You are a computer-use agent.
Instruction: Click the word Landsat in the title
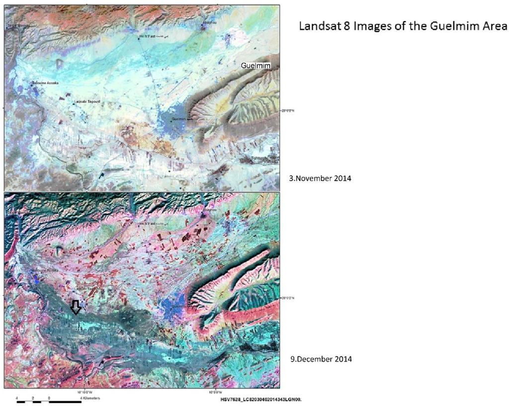pyautogui.click(x=318, y=26)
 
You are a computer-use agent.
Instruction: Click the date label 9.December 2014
pyautogui.click(x=321, y=359)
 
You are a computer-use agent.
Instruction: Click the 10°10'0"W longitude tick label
pyautogui.click(x=85, y=392)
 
